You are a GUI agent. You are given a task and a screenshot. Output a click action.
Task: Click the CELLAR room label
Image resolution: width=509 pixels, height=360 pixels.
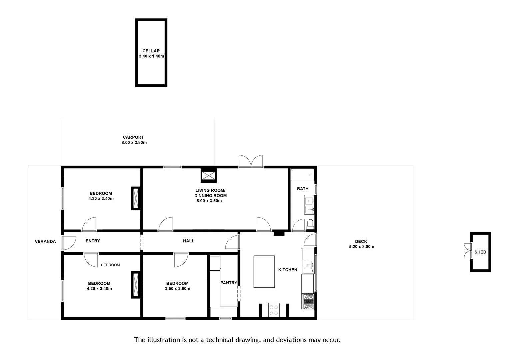click(151, 51)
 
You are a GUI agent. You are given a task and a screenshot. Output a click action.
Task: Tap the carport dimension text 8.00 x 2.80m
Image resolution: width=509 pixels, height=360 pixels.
click(134, 143)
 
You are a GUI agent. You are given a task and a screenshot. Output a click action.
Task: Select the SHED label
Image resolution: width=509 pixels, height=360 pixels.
click(480, 252)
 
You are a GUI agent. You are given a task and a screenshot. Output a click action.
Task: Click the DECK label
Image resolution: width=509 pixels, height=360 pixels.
click(361, 242)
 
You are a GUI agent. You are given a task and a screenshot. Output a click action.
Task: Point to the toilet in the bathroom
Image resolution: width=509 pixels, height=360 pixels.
click(310, 224)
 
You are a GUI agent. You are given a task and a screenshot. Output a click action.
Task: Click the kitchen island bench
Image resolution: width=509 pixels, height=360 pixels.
click(264, 272)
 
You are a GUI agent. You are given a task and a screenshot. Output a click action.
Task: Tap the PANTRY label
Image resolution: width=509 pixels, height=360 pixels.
click(229, 283)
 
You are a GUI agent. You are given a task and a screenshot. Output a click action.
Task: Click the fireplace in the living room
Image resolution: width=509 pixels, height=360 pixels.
click(209, 175)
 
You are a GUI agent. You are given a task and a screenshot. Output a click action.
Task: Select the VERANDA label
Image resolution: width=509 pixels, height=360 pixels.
click(45, 242)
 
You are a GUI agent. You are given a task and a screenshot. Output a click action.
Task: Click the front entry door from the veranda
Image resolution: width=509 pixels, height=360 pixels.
click(68, 243)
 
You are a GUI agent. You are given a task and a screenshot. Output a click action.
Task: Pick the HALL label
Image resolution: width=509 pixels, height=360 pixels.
click(189, 241)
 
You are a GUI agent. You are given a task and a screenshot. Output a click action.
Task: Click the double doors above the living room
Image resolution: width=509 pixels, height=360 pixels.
click(251, 161)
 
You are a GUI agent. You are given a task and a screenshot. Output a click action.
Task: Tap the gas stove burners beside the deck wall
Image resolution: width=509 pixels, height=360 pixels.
click(308, 302)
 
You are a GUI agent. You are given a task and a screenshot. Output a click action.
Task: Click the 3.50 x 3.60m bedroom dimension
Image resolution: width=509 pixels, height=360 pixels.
click(178, 289)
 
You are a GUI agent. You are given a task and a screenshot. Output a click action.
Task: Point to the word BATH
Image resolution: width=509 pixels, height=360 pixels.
click(303, 189)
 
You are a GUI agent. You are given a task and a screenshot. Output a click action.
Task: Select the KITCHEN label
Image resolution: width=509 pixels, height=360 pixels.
click(288, 270)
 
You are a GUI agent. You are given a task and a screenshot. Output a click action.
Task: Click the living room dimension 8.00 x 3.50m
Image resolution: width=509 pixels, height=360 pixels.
click(209, 201)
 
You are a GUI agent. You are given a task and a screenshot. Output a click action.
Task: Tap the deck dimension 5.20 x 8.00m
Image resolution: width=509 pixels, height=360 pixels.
click(362, 247)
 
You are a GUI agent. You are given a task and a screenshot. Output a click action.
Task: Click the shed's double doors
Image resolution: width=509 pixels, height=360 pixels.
click(467, 251)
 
